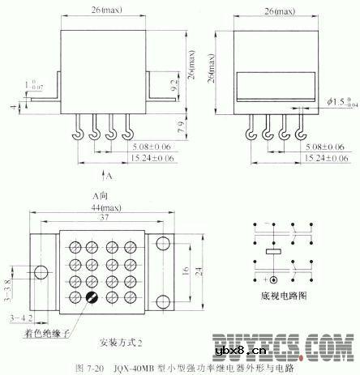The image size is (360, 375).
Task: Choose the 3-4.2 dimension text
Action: (19, 318)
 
